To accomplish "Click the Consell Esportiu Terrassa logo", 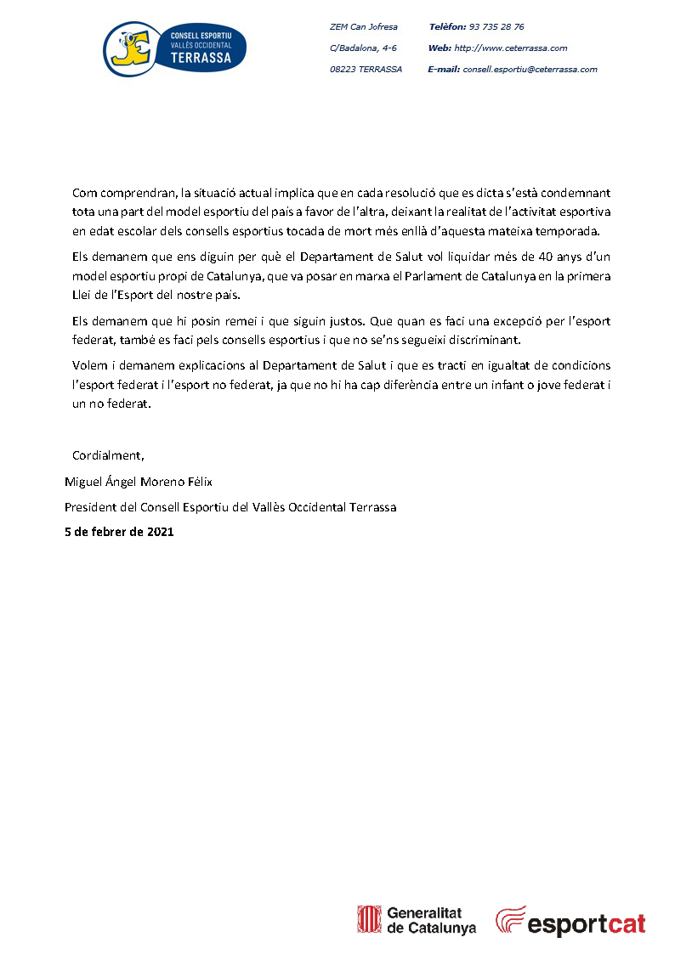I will (x=174, y=49).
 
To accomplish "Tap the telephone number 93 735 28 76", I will (x=496, y=27).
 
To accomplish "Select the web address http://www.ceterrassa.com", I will (x=510, y=48).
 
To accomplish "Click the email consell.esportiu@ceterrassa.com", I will (x=529, y=70).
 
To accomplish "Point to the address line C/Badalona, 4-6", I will (x=363, y=48).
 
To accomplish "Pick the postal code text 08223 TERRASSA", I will (x=366, y=70).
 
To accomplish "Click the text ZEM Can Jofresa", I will (x=364, y=27).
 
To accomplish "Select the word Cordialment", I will (x=108, y=455).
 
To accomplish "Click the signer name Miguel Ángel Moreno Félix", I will (x=139, y=482).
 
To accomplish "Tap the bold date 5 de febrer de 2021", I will (x=119, y=532).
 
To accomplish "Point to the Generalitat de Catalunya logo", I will (x=417, y=921).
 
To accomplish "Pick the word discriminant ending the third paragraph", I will (x=484, y=340).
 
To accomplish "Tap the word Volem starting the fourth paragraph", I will (x=89, y=365).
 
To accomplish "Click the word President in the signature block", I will (x=91, y=507).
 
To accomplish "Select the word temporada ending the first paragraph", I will (x=570, y=231).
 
